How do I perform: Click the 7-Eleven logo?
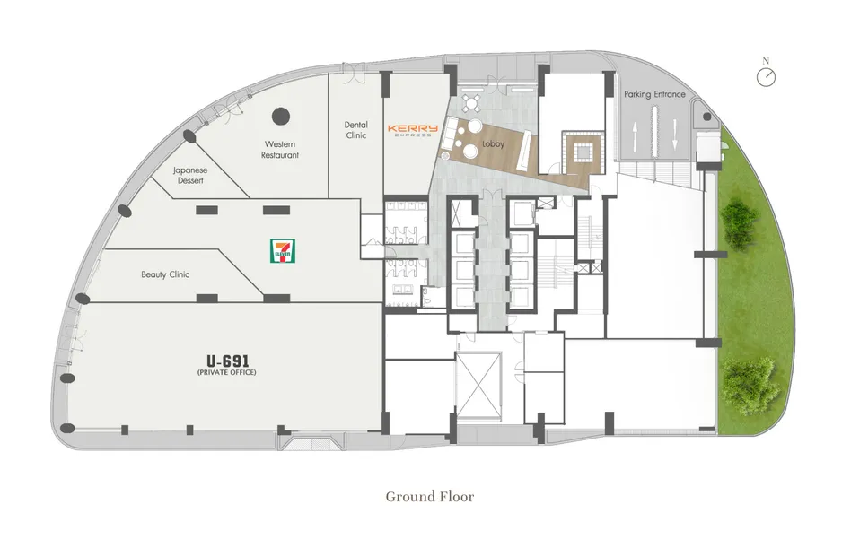(283, 251)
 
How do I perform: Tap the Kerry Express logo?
(412, 130)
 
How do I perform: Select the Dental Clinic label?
(355, 130)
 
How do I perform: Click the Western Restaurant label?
(280, 150)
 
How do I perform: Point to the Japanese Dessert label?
(190, 176)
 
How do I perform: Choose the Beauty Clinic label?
(165, 274)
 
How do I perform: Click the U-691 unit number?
(228, 361)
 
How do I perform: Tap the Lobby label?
(493, 144)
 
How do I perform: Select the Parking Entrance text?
(654, 94)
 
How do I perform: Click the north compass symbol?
(767, 77)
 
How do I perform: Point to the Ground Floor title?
(430, 497)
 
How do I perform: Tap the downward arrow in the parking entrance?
(675, 135)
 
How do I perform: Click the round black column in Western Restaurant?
(281, 116)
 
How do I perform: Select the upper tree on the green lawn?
(740, 222)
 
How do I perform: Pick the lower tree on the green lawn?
(750, 381)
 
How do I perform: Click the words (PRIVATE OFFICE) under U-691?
(226, 373)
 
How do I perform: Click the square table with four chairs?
(471, 102)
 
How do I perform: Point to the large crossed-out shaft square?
(478, 387)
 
